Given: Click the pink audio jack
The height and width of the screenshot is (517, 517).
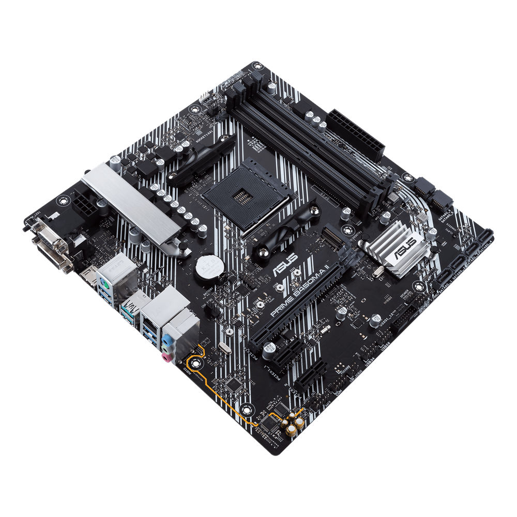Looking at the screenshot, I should click(x=166, y=356).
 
